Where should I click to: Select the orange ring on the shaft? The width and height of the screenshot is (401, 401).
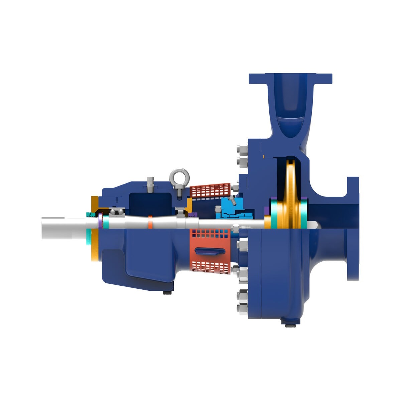[x=150, y=222]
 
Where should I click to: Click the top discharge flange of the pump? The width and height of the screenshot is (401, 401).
[x=290, y=79]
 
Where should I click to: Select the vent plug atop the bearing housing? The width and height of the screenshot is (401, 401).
[x=150, y=183]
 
